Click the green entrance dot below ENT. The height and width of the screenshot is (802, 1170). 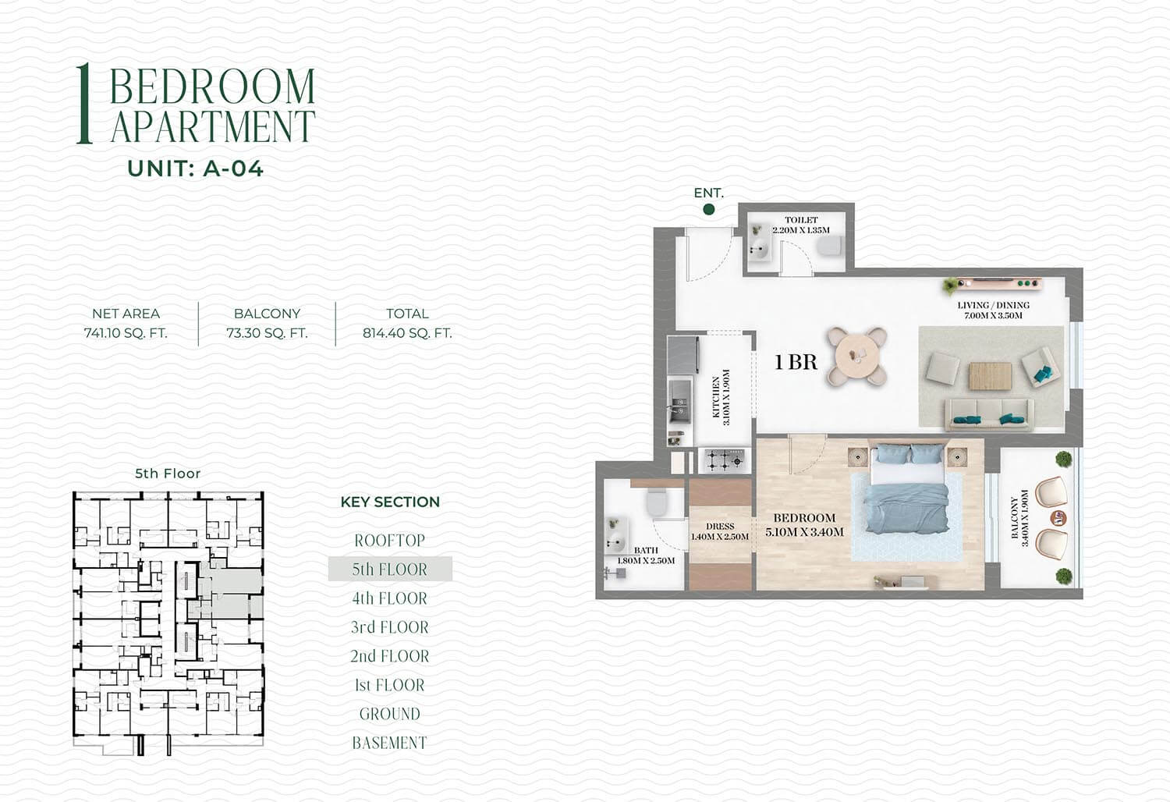(709, 210)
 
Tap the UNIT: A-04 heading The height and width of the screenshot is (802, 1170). (195, 169)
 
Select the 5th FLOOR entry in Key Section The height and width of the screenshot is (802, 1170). (390, 569)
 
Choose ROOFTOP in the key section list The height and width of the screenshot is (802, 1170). (390, 540)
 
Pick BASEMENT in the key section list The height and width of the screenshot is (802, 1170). (390, 743)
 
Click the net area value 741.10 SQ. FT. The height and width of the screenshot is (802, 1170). (126, 333)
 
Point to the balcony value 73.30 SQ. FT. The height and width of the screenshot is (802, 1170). (267, 333)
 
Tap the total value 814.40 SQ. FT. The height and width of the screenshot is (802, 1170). (407, 333)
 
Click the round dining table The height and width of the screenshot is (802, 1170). (856, 357)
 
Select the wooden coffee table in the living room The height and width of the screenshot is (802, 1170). (991, 376)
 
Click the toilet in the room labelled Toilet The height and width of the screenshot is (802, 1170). (830, 246)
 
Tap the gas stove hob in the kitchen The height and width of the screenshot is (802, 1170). (725, 460)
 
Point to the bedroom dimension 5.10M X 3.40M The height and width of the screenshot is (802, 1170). (804, 532)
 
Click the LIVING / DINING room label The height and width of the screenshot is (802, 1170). (994, 305)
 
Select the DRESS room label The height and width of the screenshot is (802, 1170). (720, 527)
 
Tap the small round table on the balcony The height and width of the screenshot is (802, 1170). (1058, 518)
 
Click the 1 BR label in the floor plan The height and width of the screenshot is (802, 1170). (796, 362)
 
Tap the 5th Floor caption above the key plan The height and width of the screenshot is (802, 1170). (168, 474)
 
